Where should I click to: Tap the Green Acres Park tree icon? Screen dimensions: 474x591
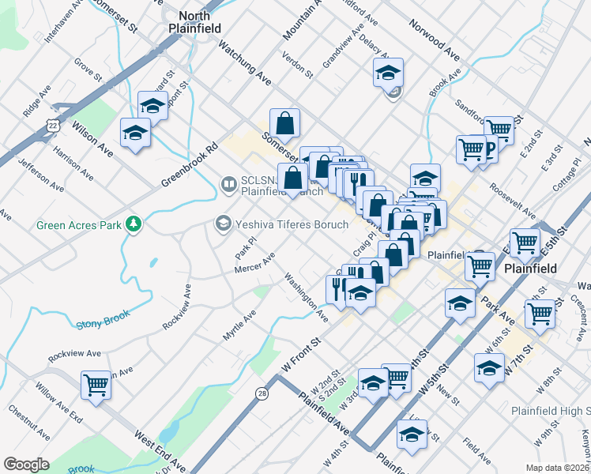[x=134, y=224]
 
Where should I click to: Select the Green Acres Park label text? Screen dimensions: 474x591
[x=79, y=225]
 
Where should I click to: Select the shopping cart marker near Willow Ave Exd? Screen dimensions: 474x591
[x=96, y=386]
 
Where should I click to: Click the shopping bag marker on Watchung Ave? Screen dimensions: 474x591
[x=284, y=123]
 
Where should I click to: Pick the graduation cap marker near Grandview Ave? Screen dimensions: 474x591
[x=388, y=73]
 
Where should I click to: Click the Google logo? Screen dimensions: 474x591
[x=26, y=465]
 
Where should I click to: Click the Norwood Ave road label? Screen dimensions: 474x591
[x=434, y=40]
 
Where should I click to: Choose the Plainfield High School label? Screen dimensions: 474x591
[x=550, y=411]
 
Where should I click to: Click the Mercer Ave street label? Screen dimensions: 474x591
[x=254, y=264]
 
